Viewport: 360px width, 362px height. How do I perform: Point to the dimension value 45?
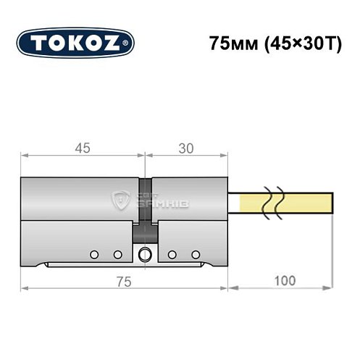82,148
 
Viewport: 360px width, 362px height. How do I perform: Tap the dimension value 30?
186,148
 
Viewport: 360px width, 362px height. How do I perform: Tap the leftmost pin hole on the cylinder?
93,254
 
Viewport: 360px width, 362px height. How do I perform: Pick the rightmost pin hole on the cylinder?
196,254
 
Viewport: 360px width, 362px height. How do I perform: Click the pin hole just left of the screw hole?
117,254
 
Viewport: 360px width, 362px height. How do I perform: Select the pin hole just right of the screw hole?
172,254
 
